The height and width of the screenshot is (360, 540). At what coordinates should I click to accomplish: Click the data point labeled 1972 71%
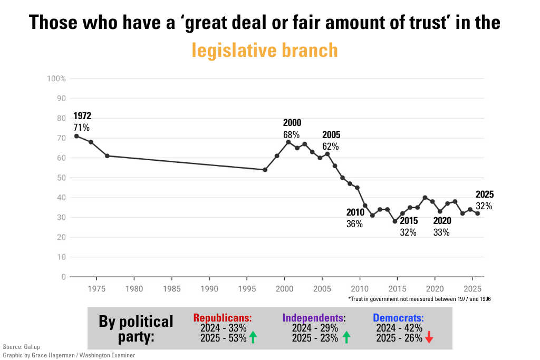[76, 136]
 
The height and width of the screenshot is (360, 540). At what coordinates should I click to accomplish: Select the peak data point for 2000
[288, 142]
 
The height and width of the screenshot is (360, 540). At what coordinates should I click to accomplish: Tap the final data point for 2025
[478, 213]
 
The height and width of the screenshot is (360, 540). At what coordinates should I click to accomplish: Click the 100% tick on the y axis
[56, 79]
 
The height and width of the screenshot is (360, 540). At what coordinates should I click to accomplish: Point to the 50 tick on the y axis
[61, 178]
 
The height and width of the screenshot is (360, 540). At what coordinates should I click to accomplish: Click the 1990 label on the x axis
[209, 288]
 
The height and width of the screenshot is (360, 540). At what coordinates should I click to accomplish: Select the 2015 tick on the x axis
[397, 288]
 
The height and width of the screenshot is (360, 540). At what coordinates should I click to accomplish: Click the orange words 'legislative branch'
[265, 50]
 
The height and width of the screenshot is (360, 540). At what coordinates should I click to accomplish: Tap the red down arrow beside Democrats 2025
[429, 338]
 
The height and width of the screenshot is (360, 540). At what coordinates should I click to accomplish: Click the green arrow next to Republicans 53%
[253, 338]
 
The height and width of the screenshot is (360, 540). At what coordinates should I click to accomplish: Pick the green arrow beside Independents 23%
[346, 338]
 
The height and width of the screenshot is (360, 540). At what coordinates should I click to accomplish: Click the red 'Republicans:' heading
[223, 318]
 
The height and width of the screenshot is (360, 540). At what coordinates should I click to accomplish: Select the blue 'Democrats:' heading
[398, 318]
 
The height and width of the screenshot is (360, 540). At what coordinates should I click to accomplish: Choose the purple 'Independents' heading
[313, 318]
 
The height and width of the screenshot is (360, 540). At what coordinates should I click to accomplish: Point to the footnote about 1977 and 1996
[420, 299]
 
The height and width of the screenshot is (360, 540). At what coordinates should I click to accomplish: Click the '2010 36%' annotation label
[354, 218]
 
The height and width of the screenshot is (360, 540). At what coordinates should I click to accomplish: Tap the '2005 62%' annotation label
[331, 141]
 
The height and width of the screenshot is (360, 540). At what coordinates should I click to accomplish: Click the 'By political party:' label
[136, 328]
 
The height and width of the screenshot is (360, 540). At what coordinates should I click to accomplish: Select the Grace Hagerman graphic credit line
[69, 355]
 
